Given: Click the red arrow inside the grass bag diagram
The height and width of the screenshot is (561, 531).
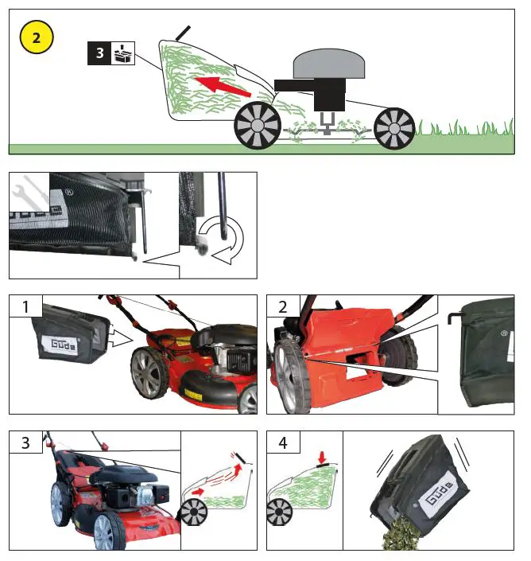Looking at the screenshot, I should click(x=219, y=84).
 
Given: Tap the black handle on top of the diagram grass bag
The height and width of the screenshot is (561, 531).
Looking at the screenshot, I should click(x=183, y=33).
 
